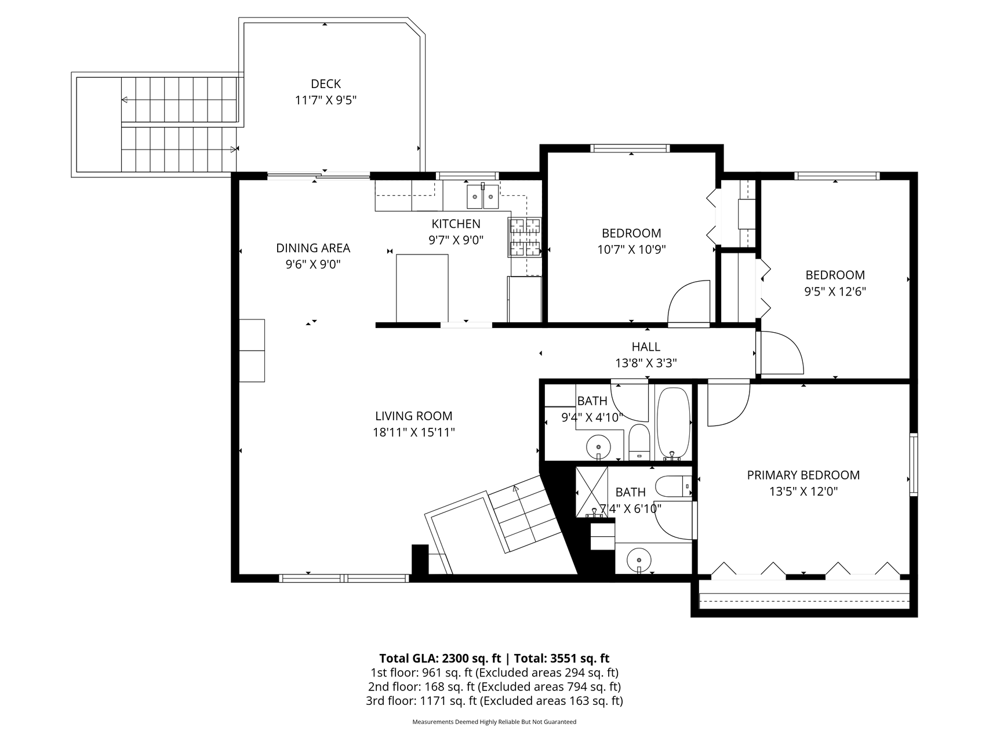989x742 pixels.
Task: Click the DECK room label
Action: coord(326,84)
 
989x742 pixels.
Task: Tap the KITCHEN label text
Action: coord(456,224)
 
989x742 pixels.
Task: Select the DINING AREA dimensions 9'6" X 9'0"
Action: coord(313,264)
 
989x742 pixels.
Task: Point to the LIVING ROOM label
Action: coord(414,416)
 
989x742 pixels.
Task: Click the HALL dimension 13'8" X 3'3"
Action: coord(646,363)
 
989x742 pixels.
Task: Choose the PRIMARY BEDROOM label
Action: coord(803,475)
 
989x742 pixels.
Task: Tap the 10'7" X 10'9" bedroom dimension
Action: coord(631,250)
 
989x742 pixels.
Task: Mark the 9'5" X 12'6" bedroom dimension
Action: coord(835,292)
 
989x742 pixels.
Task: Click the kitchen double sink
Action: coord(483,196)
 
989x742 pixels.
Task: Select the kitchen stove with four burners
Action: coord(525,237)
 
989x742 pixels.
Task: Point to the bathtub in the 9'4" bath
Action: coord(672,423)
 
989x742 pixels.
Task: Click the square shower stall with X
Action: coord(591,492)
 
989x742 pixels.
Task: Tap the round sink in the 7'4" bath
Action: coord(639,561)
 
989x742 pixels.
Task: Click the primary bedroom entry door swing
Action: coord(729,403)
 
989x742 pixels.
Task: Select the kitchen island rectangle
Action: coord(422,288)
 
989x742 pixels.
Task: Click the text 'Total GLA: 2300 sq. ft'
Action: coord(440,658)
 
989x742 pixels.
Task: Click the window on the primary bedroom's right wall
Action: coord(914,464)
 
